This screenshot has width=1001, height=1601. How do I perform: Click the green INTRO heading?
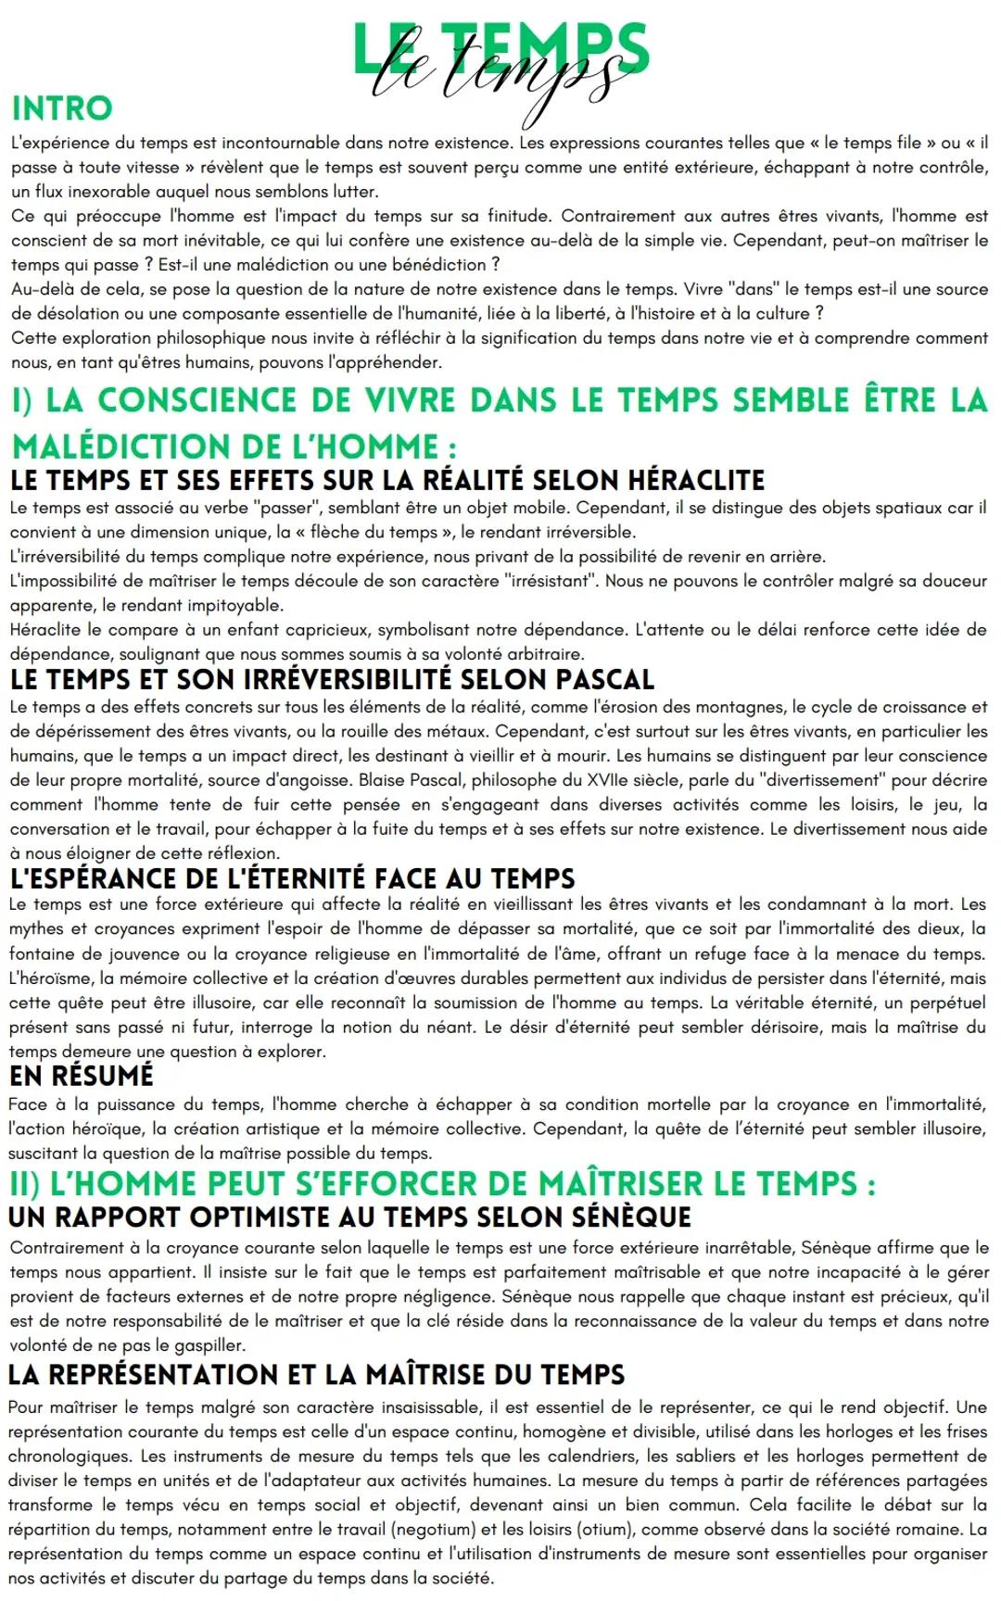[x=61, y=108]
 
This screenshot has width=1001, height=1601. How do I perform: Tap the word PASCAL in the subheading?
[x=604, y=679]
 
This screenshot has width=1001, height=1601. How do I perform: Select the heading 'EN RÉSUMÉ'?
[x=82, y=1076]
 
